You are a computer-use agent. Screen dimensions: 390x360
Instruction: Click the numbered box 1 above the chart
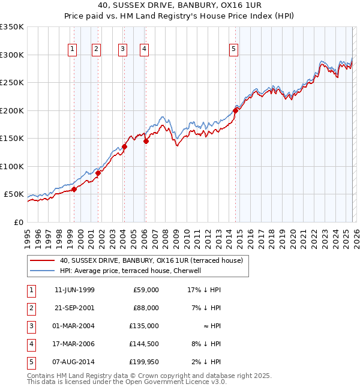coord(73,49)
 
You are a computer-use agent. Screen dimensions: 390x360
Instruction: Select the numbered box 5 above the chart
coord(233,49)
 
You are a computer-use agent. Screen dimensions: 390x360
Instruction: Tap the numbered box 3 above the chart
coord(122,49)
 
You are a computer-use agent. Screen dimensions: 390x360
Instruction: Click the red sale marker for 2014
coord(236,110)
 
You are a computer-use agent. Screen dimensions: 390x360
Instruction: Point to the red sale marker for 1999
coord(74,189)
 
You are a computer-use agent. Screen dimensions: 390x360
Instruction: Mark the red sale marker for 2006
coord(146,142)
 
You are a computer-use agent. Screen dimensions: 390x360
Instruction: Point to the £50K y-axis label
coord(13,194)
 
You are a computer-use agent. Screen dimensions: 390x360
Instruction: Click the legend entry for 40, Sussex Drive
coord(151,261)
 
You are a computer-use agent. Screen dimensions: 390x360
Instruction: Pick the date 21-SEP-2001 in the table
coord(74,308)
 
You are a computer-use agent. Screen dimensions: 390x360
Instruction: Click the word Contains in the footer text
coord(42,376)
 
